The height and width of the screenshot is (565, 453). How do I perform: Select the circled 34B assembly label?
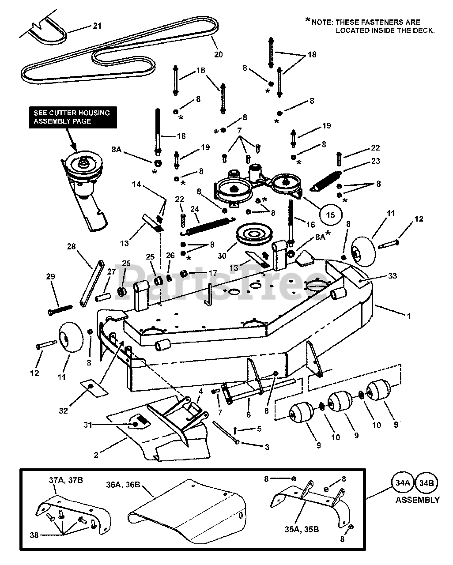tap(427, 483)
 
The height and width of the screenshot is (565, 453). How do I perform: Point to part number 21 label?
tap(97, 26)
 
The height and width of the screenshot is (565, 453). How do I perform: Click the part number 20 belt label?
tap(218, 55)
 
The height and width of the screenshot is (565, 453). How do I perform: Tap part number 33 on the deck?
tap(392, 276)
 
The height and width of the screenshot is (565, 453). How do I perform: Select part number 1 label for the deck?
tap(409, 316)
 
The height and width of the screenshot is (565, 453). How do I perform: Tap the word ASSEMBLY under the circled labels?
tap(417, 500)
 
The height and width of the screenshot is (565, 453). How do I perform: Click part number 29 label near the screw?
tap(50, 276)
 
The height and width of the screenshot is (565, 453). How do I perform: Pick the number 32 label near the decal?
tap(63, 411)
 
